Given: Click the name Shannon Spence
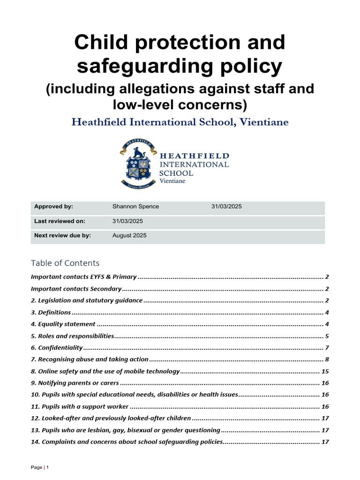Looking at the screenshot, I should (135, 206).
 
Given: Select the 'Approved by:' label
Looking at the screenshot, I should (53, 206).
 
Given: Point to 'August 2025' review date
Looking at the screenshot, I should (129, 235).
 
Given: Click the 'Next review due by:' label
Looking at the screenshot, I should (62, 235).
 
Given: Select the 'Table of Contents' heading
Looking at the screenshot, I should (65, 263).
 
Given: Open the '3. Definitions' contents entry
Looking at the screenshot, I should (51, 312).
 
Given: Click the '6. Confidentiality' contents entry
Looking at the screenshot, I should (57, 347).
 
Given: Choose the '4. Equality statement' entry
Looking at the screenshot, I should (63, 324).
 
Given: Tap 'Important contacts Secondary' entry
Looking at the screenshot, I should (76, 289).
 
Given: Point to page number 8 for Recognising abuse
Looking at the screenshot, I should (327, 359).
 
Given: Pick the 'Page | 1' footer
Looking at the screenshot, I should (40, 467).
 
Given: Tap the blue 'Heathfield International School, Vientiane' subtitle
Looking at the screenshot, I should (180, 122).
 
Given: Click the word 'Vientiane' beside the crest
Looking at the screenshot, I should (172, 181).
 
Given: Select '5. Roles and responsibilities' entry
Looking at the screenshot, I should (73, 336).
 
